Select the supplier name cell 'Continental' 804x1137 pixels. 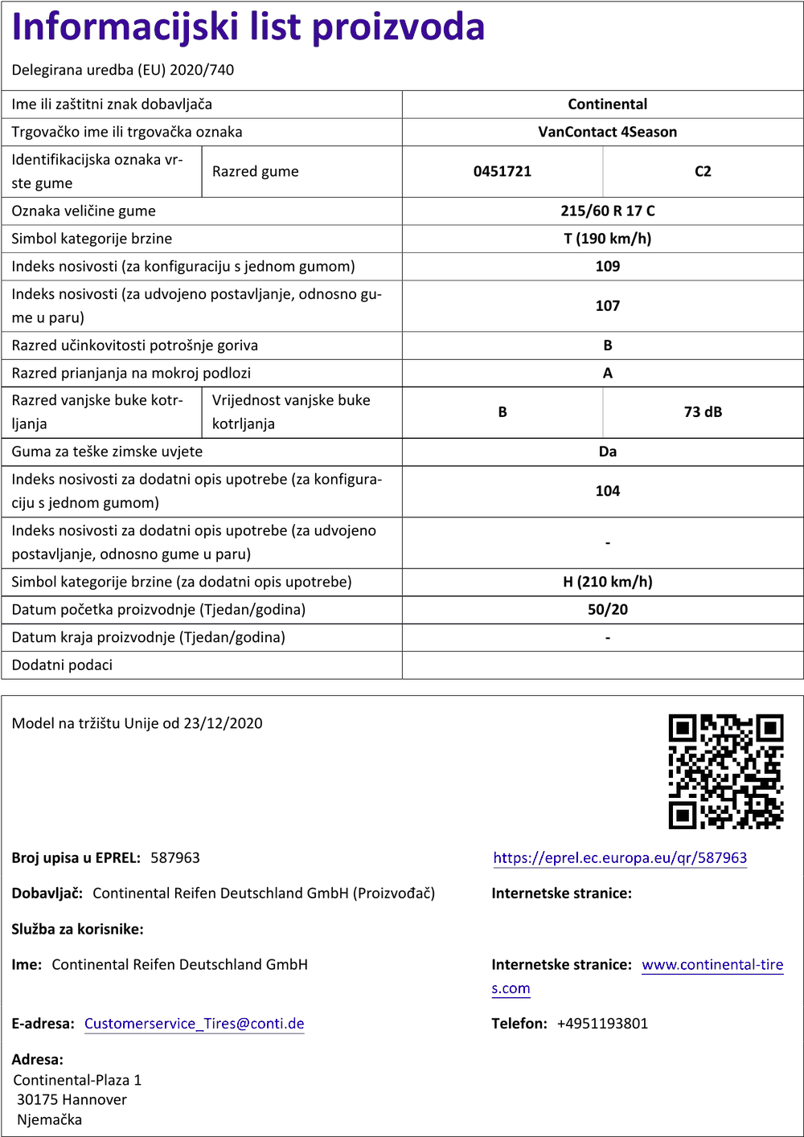[x=607, y=104]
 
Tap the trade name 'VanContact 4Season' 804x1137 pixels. [x=607, y=132]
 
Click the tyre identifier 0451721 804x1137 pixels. [x=502, y=171]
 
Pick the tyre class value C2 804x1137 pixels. [x=703, y=171]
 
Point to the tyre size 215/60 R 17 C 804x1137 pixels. [x=607, y=211]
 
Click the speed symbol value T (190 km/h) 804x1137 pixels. [x=607, y=239]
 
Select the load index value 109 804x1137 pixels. [x=607, y=266]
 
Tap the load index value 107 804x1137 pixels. [x=607, y=305]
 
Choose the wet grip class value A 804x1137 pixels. [x=607, y=373]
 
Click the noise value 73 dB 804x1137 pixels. [x=703, y=412]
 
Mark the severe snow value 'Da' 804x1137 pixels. [x=607, y=452]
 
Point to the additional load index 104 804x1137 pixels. [x=607, y=491]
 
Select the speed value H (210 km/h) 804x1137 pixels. [x=607, y=582]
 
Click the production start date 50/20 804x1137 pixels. [x=607, y=609]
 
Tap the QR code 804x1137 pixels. [x=725, y=771]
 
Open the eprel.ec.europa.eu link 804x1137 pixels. [x=620, y=858]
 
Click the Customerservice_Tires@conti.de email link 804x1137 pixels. [x=194, y=1024]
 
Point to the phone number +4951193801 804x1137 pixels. [x=602, y=1024]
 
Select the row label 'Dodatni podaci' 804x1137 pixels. [x=62, y=665]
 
